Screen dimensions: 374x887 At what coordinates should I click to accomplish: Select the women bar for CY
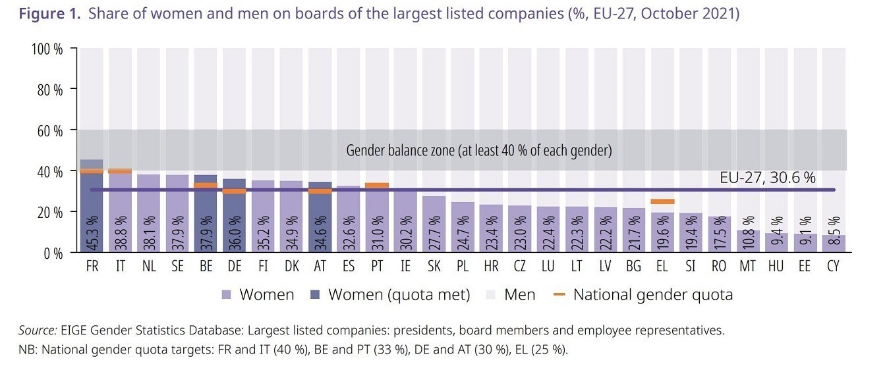click(x=834, y=244)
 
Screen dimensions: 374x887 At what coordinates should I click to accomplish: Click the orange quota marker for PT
click(x=377, y=185)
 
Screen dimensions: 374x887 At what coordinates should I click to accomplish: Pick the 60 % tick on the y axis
click(x=49, y=130)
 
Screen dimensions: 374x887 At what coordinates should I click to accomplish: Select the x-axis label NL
click(x=149, y=267)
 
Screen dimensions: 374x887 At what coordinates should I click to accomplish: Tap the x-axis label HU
click(x=776, y=267)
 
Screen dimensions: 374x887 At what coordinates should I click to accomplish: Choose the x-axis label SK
click(x=434, y=267)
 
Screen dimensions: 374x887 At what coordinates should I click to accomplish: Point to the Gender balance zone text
click(x=479, y=151)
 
